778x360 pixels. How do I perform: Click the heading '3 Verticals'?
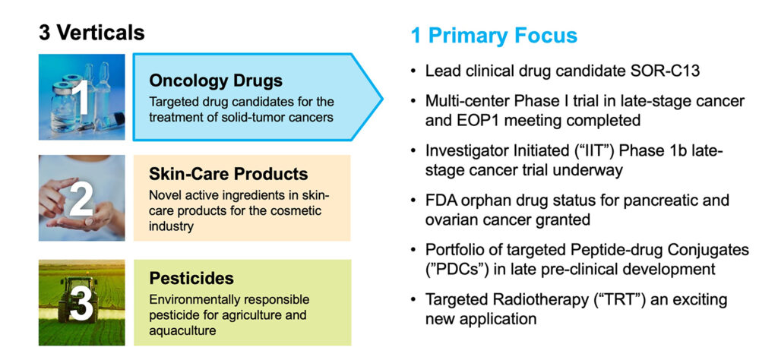point(92,33)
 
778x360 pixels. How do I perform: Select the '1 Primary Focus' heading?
point(494,36)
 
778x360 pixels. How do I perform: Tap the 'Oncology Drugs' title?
point(216,81)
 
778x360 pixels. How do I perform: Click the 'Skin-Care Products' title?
point(229,174)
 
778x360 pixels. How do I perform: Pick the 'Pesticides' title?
point(191,278)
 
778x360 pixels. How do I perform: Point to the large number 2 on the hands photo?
point(81,198)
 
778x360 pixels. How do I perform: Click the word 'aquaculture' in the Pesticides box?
point(182,330)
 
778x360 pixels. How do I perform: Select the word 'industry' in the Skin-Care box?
point(171,226)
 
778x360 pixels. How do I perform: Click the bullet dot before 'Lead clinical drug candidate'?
point(413,71)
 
